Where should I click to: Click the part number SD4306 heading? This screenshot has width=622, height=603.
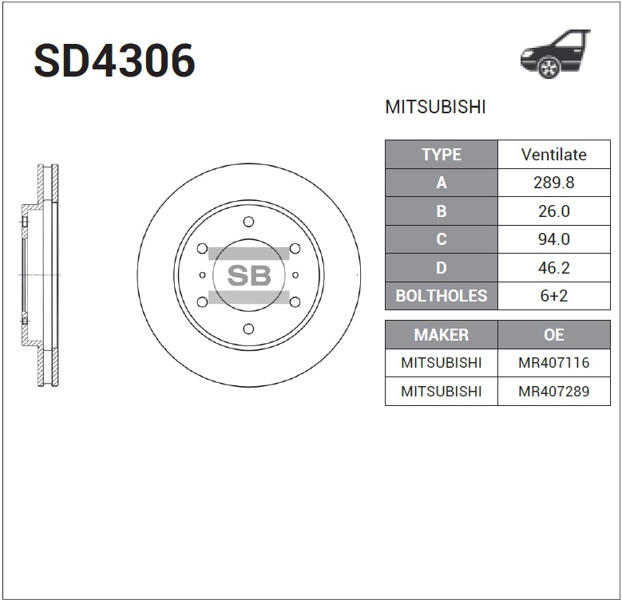click(114, 61)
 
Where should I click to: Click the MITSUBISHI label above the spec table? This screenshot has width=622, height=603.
click(435, 108)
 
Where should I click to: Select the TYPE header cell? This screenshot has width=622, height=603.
click(441, 155)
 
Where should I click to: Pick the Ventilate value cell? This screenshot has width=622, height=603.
click(553, 155)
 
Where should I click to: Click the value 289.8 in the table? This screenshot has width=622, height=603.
click(553, 183)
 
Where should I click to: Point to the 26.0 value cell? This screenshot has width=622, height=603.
click(553, 211)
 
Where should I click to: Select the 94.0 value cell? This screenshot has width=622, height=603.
click(553, 239)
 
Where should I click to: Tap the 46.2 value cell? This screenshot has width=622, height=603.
click(553, 268)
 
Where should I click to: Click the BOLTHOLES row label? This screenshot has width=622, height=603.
click(441, 296)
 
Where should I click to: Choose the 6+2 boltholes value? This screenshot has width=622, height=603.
click(553, 296)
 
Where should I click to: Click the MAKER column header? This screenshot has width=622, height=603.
click(441, 335)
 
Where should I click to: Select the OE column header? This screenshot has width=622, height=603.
click(553, 335)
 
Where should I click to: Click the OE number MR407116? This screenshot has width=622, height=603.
click(553, 363)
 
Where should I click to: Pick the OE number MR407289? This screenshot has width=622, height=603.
click(553, 392)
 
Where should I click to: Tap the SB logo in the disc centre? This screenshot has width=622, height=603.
click(249, 275)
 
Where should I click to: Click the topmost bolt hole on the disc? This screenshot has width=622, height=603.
click(248, 222)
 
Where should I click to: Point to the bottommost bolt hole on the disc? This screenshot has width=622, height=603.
click(248, 329)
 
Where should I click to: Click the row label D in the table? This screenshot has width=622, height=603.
click(441, 268)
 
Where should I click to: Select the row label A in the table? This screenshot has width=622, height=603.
click(441, 183)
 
